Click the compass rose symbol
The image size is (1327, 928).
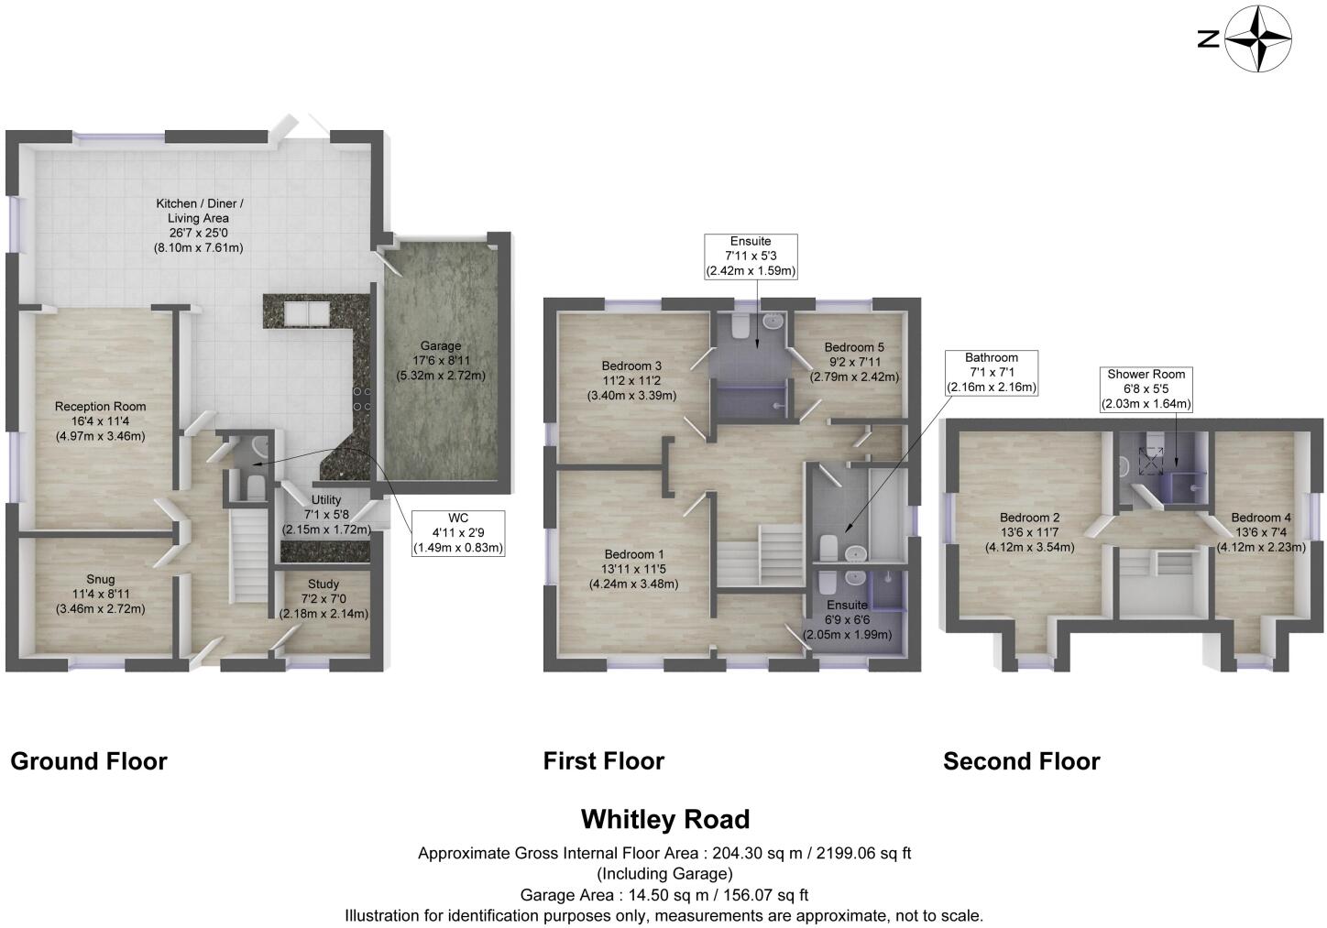pos(1259,38)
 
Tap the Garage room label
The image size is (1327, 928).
pos(441,360)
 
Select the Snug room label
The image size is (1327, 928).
pos(101,594)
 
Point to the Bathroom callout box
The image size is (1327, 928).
pos(992,372)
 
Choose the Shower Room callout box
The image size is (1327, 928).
pos(1146,388)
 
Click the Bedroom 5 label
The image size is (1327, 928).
pos(854,362)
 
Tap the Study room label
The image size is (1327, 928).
pos(324,598)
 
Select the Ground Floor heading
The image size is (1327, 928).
pos(89,761)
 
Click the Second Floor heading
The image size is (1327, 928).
pos(1021,761)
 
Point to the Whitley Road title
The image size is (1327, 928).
pos(665,818)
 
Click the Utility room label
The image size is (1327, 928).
pos(326,514)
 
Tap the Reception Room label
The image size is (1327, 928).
pos(100,420)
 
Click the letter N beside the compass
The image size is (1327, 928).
pos(1209,38)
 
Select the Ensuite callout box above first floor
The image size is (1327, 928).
pos(751,257)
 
